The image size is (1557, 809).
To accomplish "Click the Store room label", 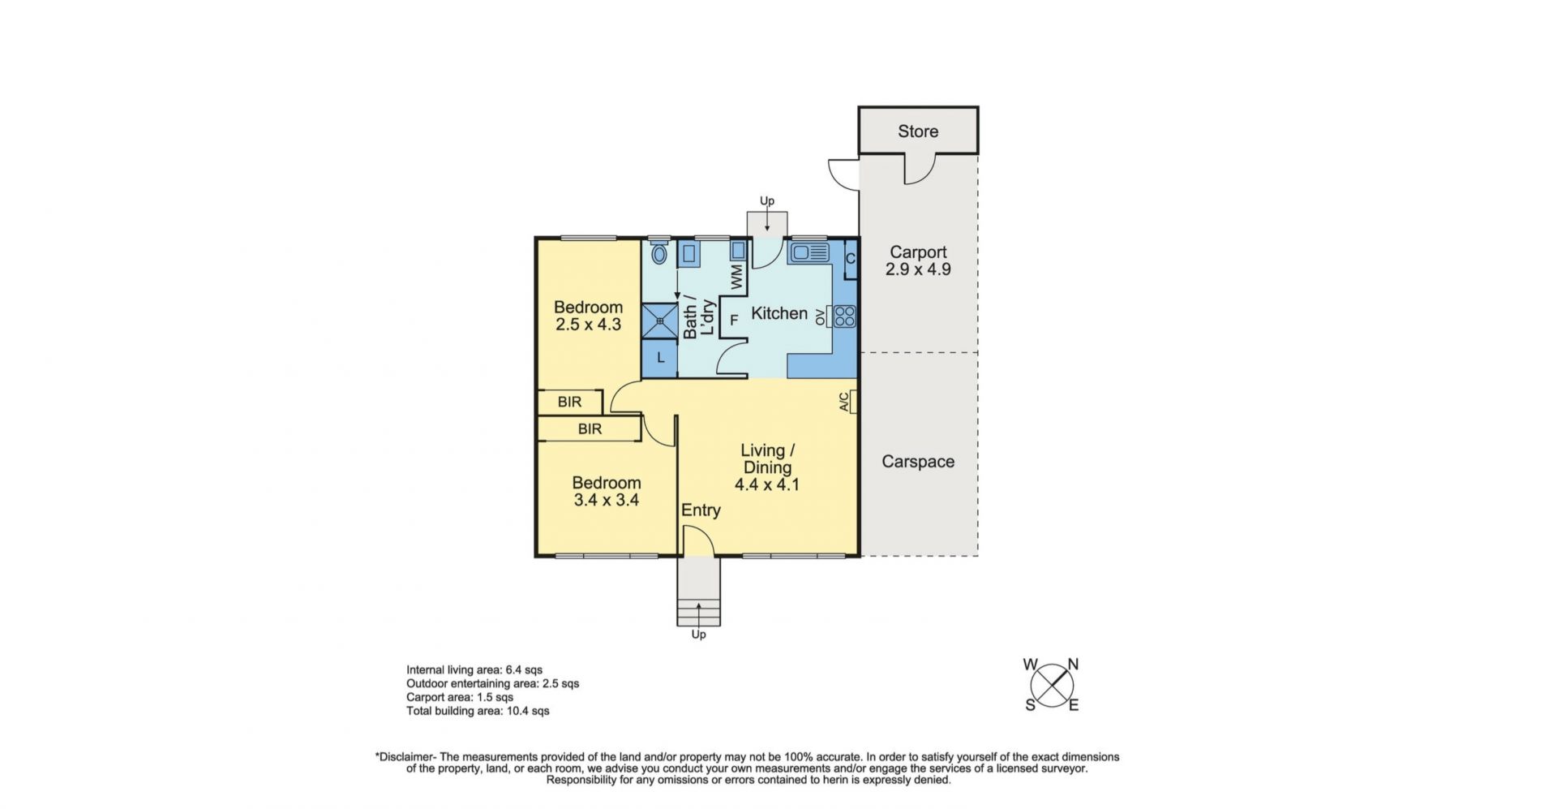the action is [918, 131].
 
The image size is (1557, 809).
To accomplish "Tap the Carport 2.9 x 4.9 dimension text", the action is [918, 269].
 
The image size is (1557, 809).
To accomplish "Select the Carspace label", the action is [918, 462].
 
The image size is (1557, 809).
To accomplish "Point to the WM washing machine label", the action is [736, 277].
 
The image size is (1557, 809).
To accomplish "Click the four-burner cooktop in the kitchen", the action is [844, 316].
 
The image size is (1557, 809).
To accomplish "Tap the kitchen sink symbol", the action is [809, 252].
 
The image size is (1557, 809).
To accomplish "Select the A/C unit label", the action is [844, 402].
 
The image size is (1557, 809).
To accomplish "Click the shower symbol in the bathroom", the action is [660, 320].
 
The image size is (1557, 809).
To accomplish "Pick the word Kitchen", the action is [779, 313].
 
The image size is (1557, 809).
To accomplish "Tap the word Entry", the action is [701, 510].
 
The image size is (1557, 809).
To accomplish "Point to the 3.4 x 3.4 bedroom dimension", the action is [607, 500].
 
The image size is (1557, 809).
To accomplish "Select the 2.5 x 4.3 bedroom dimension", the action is [588, 325].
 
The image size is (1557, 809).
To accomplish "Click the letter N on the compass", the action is [1073, 664].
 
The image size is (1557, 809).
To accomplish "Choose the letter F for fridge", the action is [734, 321].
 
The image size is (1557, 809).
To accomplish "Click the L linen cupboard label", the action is [661, 357].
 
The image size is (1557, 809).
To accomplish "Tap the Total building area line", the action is [478, 711].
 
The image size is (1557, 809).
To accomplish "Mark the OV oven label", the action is [820, 316].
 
